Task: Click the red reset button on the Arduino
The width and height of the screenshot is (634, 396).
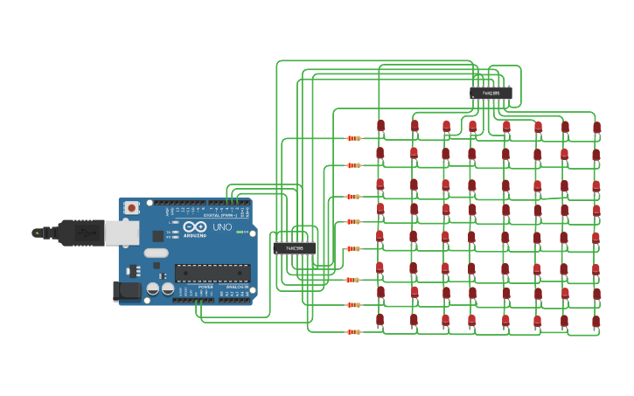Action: (131, 208)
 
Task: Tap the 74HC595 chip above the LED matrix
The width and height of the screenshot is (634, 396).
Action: (491, 93)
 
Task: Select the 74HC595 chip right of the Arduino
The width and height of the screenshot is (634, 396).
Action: (294, 248)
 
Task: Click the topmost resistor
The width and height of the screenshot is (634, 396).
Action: (353, 138)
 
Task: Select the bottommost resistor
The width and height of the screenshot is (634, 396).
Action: (353, 331)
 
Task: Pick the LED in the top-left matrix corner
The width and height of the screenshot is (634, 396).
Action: (380, 126)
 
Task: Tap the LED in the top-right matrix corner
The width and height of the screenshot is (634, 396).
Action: (596, 128)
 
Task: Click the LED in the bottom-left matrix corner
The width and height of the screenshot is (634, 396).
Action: (380, 320)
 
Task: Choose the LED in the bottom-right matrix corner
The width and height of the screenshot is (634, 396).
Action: (596, 322)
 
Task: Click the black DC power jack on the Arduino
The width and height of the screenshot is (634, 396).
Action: (126, 291)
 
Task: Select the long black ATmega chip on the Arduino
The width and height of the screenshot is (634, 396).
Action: (212, 273)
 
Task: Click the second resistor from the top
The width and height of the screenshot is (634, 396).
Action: (353, 165)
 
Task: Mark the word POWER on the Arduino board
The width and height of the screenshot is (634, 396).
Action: (206, 287)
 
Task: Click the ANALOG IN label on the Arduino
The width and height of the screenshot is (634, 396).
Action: (236, 287)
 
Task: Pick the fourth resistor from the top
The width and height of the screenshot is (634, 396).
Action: (353, 221)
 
